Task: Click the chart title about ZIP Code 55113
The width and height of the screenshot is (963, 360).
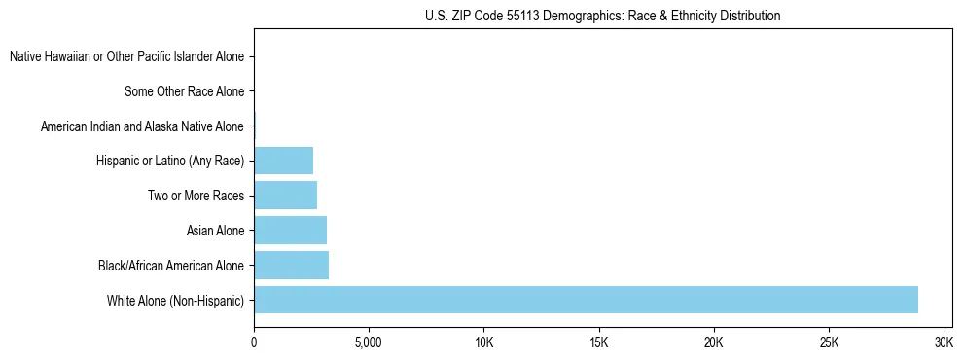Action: click(x=602, y=17)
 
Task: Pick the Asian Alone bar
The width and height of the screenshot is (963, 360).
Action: click(x=290, y=231)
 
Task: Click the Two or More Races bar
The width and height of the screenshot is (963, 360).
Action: click(x=285, y=196)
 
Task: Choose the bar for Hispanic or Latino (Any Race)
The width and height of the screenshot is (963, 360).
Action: click(x=283, y=161)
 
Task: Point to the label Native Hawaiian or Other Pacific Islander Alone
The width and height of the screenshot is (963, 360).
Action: click(x=126, y=56)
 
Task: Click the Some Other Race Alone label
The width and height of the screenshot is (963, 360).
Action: click(x=184, y=91)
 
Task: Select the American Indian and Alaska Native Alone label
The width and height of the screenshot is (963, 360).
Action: click(x=142, y=126)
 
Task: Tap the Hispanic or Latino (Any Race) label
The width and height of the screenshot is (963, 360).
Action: click(x=170, y=161)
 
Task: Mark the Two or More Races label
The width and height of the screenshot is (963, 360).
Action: click(x=196, y=196)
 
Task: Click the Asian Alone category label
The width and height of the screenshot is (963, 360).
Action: click(x=215, y=231)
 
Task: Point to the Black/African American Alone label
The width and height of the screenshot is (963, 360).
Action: click(x=171, y=266)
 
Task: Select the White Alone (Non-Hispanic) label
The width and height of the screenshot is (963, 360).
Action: click(x=175, y=300)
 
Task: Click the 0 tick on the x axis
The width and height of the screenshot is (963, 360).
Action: click(x=254, y=343)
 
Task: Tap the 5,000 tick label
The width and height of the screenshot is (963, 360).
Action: click(x=369, y=343)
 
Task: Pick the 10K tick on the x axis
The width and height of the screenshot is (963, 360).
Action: click(x=483, y=343)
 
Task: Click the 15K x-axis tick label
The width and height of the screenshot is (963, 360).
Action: click(x=599, y=343)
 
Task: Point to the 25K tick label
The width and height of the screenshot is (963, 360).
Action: click(x=829, y=343)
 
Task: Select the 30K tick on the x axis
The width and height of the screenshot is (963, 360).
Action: click(x=944, y=343)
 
